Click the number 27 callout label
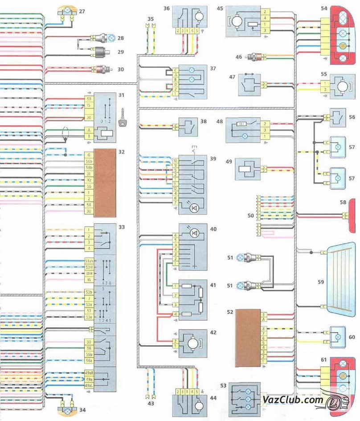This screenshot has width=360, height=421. point(82,12)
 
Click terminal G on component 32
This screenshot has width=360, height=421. point(89,154)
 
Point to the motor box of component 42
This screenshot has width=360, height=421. point(192,343)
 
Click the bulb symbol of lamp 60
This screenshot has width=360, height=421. point(337,334)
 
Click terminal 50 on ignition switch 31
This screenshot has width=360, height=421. point(89,99)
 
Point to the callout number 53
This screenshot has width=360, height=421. point(222,384)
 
